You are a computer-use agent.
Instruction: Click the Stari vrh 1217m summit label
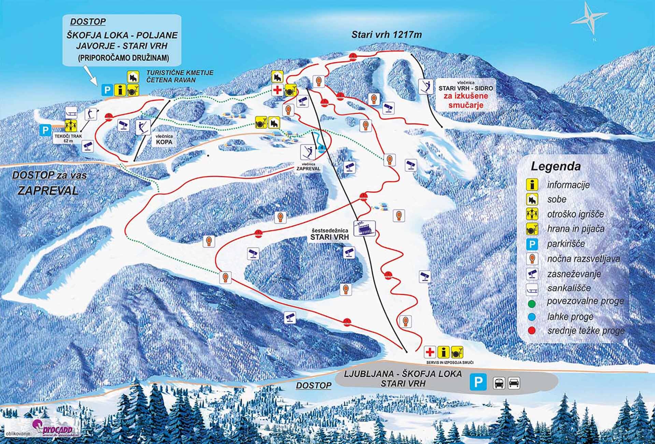coord(387,34)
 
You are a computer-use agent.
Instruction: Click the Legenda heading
coord(555,167)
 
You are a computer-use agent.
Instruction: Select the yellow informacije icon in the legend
coord(532,185)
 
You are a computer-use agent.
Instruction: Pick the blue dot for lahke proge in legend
coord(532,317)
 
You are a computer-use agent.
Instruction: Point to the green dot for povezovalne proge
coord(532,303)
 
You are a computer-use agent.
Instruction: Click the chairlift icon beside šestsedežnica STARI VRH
coord(364,228)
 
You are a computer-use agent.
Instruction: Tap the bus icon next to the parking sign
coord(499,383)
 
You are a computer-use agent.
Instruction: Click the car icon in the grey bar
coord(514,383)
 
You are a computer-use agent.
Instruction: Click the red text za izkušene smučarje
coord(465,100)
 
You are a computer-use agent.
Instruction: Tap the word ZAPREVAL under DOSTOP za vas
coord(48,190)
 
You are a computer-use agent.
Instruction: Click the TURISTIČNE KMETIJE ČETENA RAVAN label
coord(179,76)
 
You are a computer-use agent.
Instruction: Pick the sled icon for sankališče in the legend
coord(532,288)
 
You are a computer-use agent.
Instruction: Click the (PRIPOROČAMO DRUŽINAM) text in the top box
coord(123,58)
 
